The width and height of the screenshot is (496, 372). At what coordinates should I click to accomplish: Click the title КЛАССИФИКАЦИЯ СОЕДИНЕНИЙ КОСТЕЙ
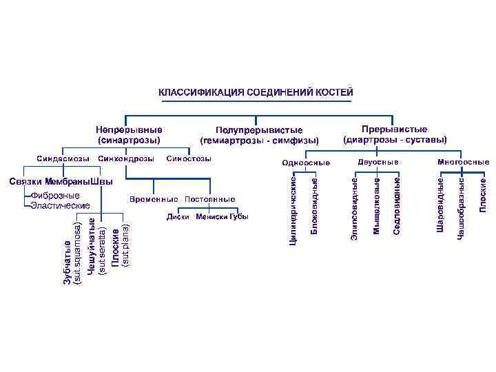coord(256,92)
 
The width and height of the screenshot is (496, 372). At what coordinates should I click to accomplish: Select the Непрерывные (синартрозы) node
coord(130,134)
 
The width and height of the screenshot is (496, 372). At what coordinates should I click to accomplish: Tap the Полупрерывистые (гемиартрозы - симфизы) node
coord(259,135)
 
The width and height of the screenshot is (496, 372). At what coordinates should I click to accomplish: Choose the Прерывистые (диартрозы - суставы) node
coord(395,134)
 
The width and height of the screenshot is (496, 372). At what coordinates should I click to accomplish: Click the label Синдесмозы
coord(63,159)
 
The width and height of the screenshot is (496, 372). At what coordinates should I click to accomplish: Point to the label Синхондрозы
coord(126,159)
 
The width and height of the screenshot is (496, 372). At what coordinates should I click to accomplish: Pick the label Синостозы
coord(189,159)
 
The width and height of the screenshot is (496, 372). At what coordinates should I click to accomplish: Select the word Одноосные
coord(307,163)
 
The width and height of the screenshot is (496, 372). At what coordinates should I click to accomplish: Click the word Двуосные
coord(378,162)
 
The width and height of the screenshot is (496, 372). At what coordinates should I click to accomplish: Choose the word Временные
coord(154,199)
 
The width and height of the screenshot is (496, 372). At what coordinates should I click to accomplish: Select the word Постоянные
coord(210,199)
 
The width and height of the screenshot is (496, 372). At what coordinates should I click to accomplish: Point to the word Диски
coord(178,218)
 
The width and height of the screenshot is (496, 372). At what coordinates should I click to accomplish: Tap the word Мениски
coord(212,218)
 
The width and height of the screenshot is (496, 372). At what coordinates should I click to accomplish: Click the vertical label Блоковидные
coord(314,205)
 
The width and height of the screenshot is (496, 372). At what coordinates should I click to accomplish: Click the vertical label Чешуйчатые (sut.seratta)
coord(96,248)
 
